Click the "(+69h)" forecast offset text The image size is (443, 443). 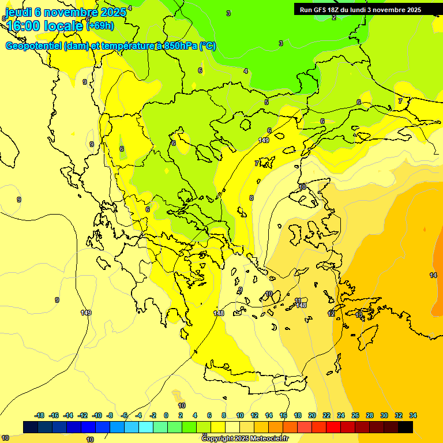click(100, 25)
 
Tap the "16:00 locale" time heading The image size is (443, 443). click(44, 26)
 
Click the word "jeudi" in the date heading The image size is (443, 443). click(20, 12)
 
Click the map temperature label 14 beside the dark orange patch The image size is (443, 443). click(433, 275)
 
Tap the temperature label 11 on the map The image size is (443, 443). click(298, 301)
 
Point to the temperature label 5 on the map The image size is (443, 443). click(266, 102)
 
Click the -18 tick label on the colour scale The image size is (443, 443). click(39, 415)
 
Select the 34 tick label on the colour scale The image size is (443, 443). click(412, 415)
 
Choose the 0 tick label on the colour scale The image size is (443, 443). click(166, 415)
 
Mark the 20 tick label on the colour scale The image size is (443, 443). click(312, 415)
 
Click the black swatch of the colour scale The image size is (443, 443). click(406, 427)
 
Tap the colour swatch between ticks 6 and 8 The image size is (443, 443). click(217, 427)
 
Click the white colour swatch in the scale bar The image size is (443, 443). click(231, 427)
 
